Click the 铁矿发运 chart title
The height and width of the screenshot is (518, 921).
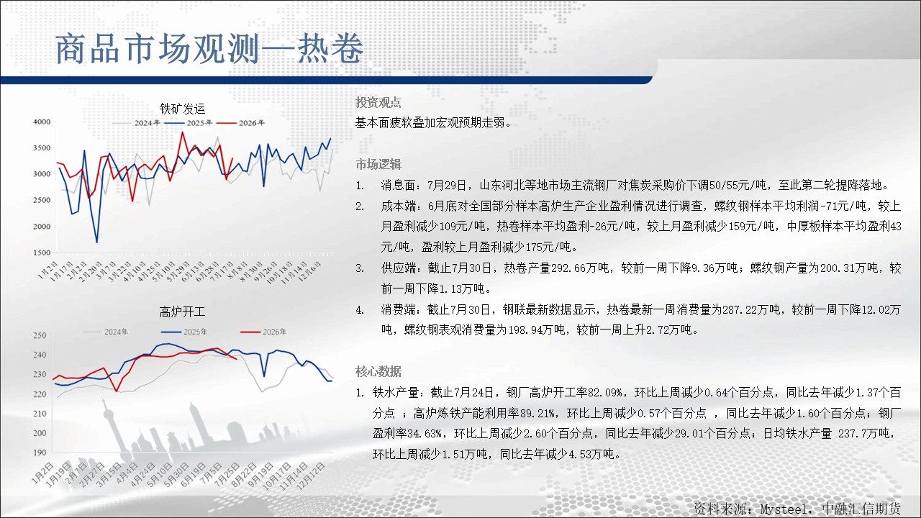182,109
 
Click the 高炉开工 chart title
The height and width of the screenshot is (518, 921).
182,312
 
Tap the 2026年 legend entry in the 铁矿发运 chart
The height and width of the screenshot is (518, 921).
240,123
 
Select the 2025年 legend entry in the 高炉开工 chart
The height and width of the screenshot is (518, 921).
184,332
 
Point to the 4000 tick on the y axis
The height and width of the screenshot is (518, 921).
42,122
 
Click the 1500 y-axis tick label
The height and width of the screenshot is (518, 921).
42,253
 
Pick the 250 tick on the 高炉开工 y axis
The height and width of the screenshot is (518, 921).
40,335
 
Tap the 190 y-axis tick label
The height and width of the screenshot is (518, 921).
40,453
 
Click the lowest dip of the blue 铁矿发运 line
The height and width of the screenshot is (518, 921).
97,242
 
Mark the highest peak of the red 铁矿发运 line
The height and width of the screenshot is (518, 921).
183,132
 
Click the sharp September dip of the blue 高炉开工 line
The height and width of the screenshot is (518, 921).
264,376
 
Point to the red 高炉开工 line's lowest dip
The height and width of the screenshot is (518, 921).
117,391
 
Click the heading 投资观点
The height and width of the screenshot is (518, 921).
378,102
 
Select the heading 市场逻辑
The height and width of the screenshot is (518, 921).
378,165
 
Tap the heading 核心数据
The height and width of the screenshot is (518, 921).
378,372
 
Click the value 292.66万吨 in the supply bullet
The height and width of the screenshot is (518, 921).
580,268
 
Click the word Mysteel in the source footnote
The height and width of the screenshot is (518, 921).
783,509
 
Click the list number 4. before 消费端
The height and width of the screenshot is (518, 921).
360,310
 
